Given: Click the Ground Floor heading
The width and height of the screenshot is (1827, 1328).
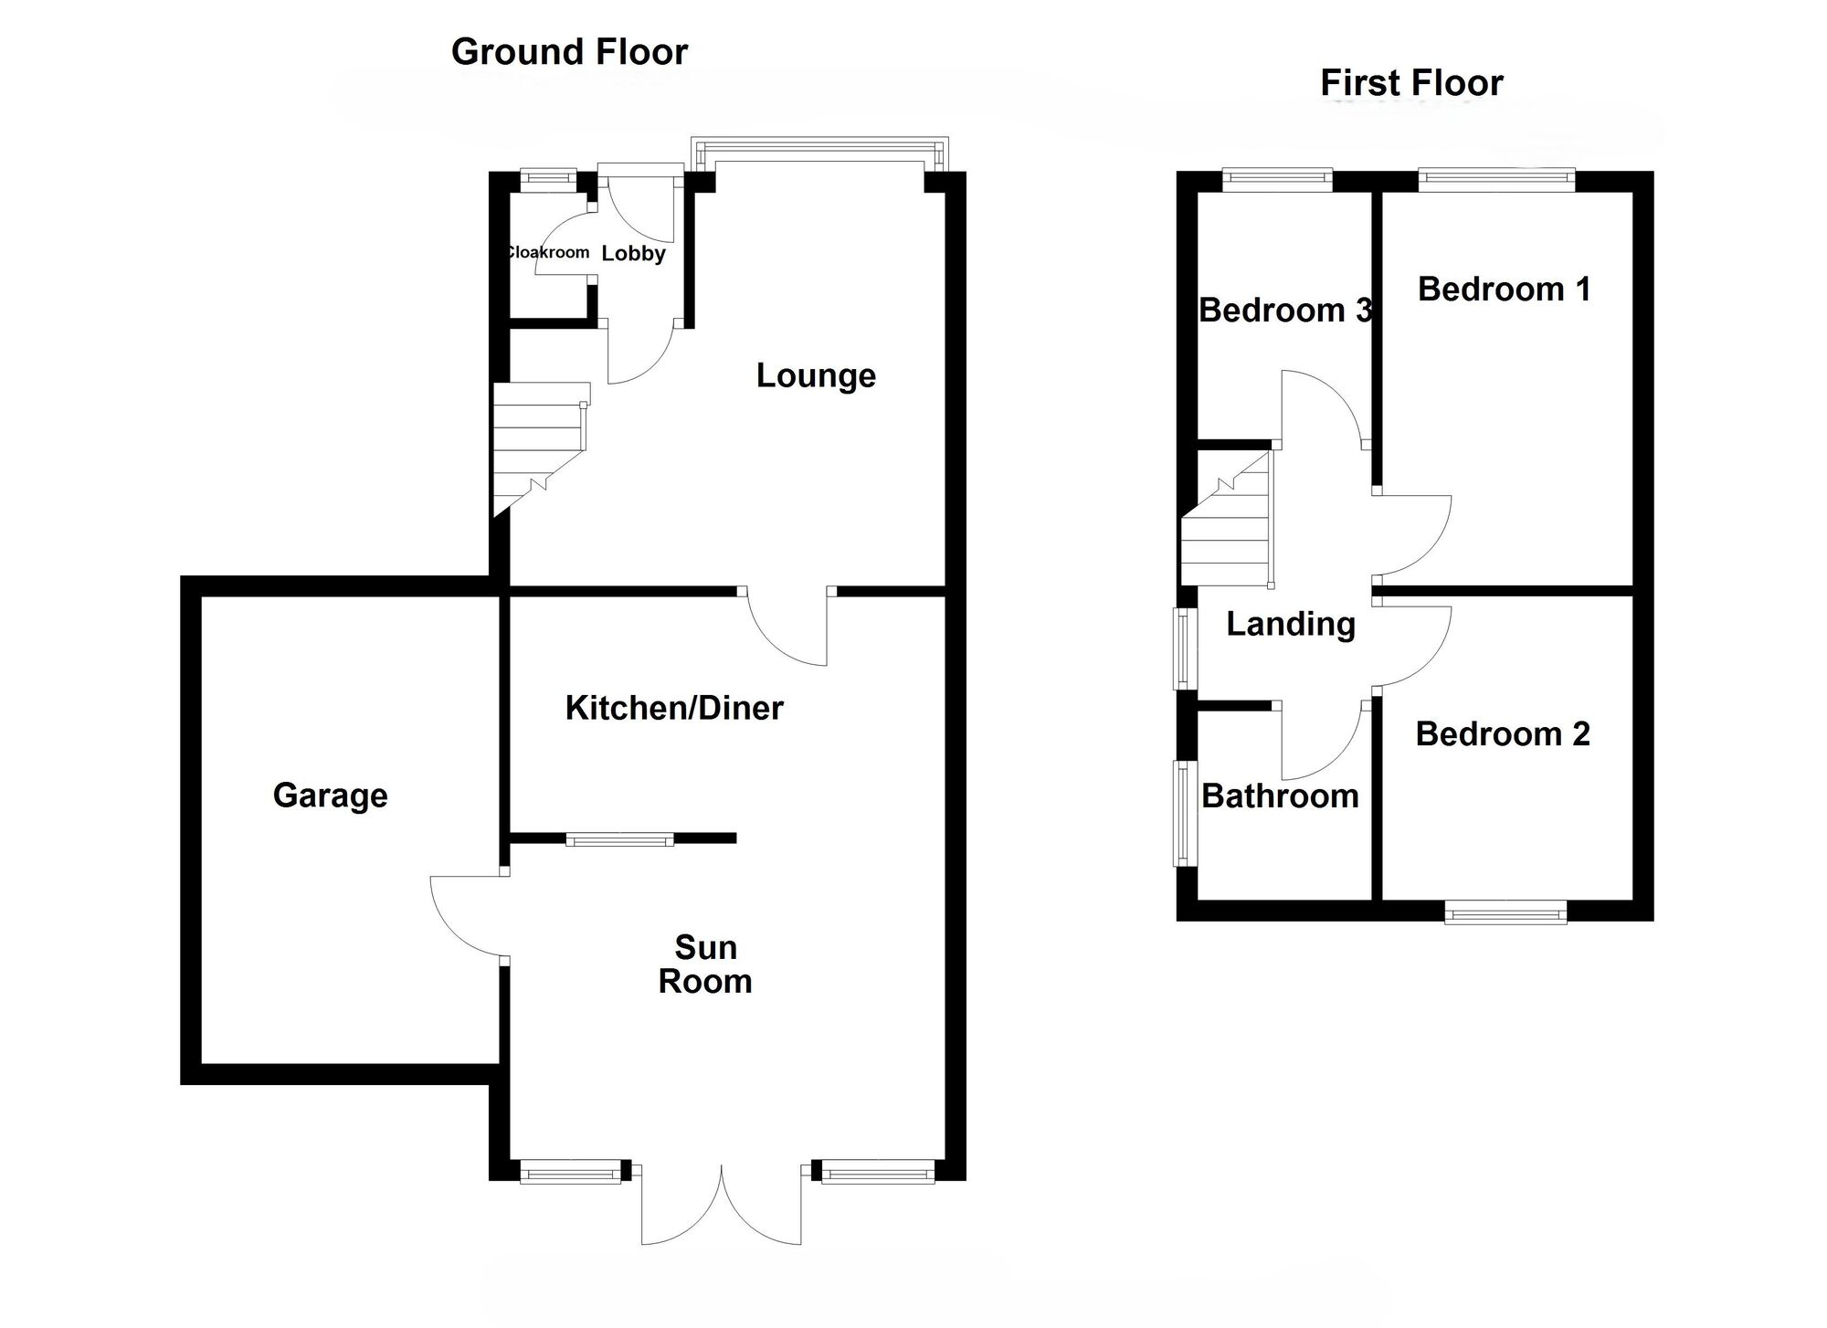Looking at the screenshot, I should tap(569, 52).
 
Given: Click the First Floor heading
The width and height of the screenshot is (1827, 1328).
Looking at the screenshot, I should tap(1411, 83).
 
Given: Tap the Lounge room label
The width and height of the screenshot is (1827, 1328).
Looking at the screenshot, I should tap(816, 375).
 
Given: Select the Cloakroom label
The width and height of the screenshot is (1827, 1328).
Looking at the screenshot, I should tap(548, 252).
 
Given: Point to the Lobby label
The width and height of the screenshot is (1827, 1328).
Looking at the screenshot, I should tap(633, 253).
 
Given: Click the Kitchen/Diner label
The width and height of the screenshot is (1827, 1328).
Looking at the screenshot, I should tap(674, 708).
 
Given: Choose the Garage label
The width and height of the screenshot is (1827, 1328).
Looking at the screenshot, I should tap(330, 796).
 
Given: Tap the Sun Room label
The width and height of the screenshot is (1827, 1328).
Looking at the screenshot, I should tap(705, 964).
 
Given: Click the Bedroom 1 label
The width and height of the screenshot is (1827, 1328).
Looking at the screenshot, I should tap(1504, 290).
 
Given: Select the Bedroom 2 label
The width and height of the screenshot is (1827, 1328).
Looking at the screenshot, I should tap(1503, 733).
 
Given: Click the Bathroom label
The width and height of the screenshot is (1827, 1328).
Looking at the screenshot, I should tap(1280, 796).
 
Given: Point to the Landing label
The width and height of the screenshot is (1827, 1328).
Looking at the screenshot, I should tap(1290, 624).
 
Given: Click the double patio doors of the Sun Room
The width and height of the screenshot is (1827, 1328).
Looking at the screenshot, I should tap(722, 1206).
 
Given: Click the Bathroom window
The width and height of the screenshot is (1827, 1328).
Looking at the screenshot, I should tap(1185, 813).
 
